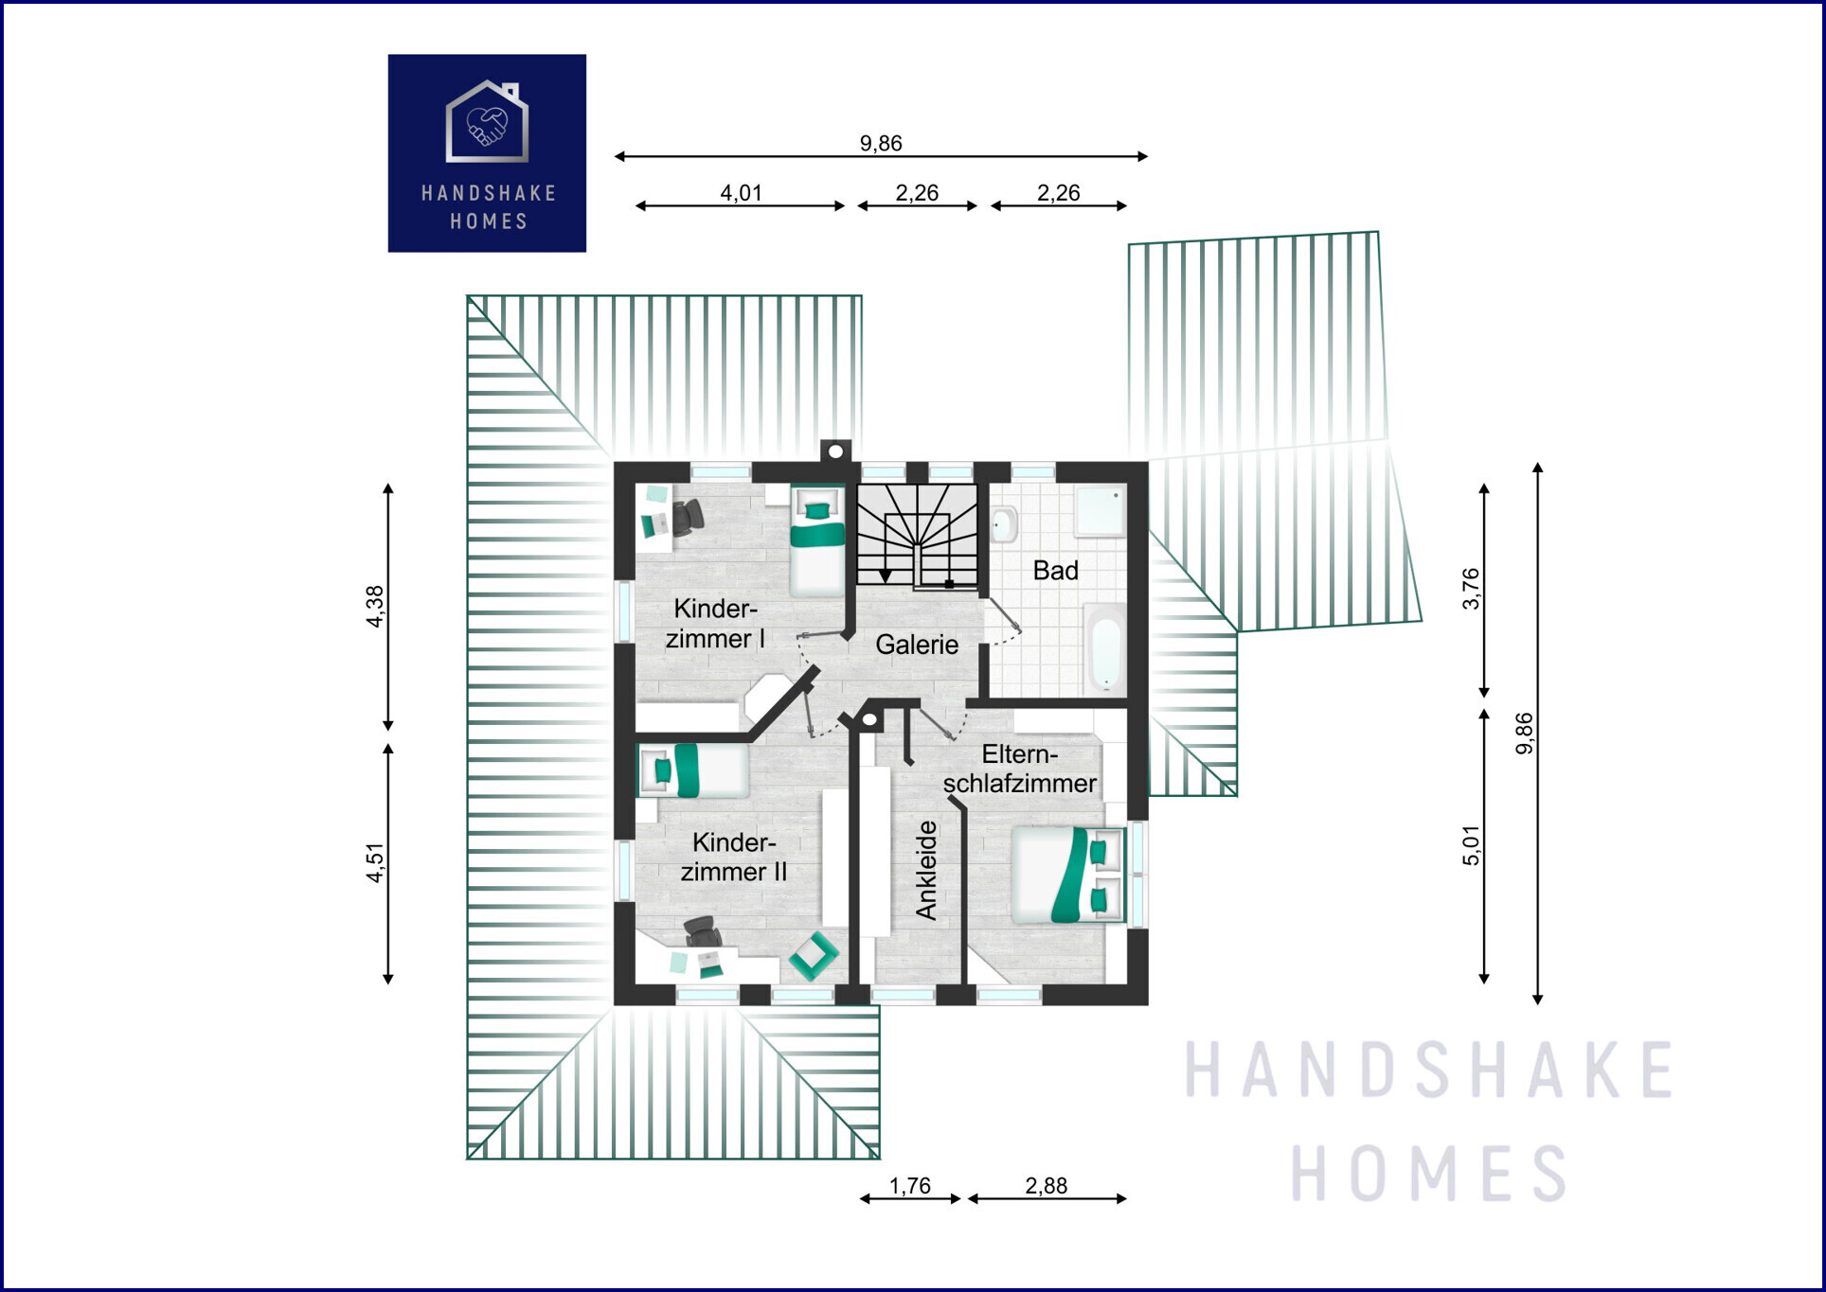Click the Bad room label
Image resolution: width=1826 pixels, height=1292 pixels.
coord(1055,571)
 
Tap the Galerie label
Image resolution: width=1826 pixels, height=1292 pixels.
coord(917,645)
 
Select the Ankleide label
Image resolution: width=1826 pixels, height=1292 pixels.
coord(926,870)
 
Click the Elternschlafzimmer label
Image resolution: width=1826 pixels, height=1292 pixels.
coord(1019,769)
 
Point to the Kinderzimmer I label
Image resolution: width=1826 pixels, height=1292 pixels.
coord(715,623)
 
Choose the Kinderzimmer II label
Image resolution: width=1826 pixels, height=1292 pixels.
coord(734,857)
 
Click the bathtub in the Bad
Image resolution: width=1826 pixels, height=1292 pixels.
coord(1104,647)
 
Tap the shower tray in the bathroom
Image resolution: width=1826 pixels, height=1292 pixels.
coord(1101,512)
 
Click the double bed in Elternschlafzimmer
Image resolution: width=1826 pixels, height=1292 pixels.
coord(1067,876)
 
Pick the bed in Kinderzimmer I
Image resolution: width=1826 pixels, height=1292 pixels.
coord(817,540)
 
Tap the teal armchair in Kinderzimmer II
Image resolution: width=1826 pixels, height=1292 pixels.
coord(814,956)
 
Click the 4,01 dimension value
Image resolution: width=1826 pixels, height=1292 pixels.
coord(741,193)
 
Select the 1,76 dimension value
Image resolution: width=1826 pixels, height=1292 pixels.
coord(909,1186)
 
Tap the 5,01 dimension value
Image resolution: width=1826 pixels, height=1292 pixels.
coord(1471,845)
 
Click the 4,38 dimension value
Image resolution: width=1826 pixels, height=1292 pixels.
coord(375,607)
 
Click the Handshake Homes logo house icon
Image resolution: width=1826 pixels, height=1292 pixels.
coord(487,121)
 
